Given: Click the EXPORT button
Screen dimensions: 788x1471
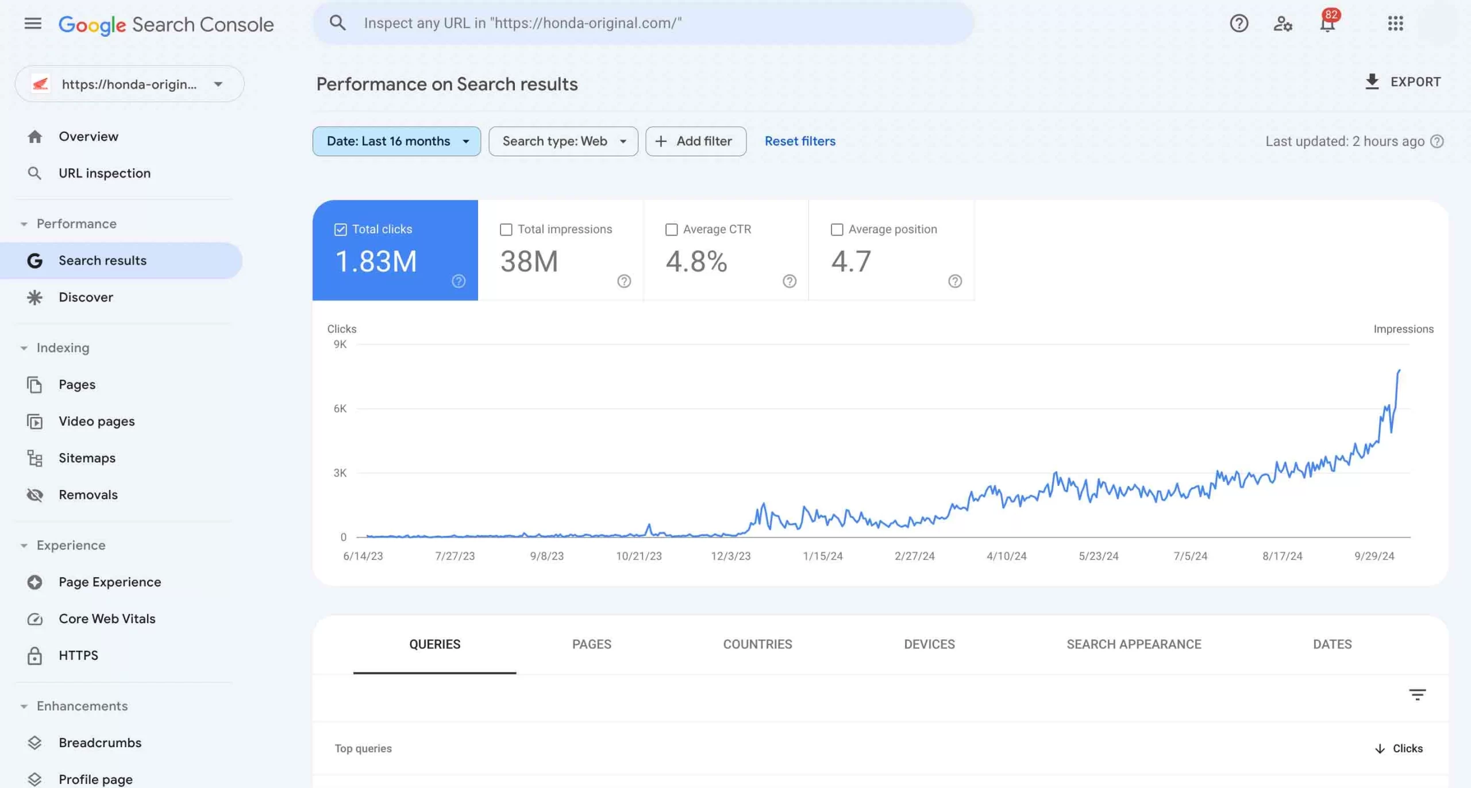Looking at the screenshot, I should point(1403,82).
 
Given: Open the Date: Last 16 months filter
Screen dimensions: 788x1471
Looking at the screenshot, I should point(396,141).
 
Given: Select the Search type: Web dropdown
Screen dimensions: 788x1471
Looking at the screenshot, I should point(563,141).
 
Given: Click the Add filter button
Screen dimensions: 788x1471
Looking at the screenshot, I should point(695,141).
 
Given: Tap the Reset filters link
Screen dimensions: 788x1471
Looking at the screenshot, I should point(800,141).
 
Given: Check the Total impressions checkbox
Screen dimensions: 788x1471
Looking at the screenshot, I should point(506,230).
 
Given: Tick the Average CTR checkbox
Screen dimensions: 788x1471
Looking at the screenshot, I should point(671,230).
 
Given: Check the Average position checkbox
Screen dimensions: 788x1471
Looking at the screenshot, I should point(837,230).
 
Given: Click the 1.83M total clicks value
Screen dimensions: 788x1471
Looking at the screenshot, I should point(376,261).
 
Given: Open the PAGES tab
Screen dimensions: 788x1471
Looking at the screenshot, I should point(591,644).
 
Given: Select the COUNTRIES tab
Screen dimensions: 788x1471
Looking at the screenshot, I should point(757,644).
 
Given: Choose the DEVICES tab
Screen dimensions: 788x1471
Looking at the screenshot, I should point(929,644).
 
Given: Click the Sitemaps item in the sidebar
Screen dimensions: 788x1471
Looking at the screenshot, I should point(87,458).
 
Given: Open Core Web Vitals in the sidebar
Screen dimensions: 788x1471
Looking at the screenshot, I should point(107,619).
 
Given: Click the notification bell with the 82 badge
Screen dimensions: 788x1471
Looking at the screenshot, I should point(1327,24).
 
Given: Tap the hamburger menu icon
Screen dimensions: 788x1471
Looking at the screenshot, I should point(33,24).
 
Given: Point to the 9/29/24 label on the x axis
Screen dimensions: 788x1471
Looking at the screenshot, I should point(1374,556).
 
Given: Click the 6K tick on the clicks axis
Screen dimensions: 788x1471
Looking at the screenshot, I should point(340,408).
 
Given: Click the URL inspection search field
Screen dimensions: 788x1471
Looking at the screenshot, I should point(644,24).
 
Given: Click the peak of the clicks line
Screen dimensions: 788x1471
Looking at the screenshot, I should point(1399,370).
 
